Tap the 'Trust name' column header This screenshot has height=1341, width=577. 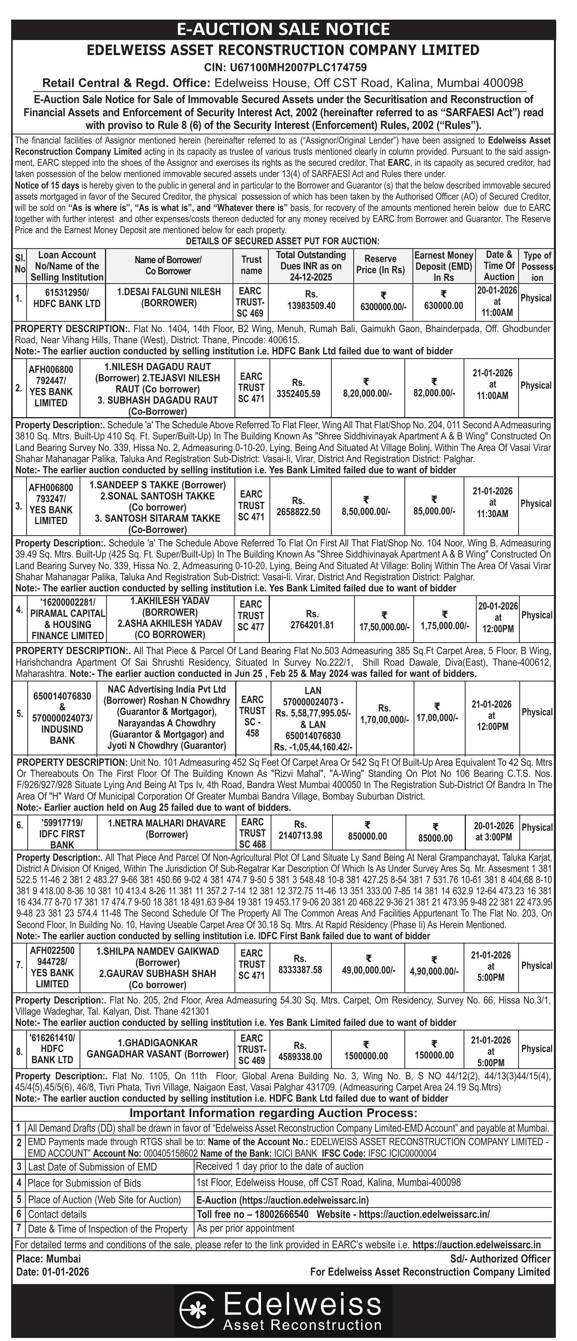tap(251, 264)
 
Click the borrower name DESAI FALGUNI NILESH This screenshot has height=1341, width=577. tap(169, 292)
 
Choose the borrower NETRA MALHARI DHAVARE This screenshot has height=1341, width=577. tap(166, 823)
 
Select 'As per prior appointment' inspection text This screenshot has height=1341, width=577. tap(246, 1227)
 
